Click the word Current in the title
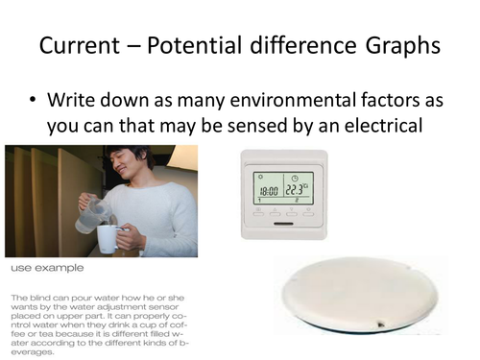[x=79, y=46]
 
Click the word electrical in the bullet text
[x=384, y=126]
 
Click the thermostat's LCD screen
[x=284, y=187]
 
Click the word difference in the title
[x=309, y=46]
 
